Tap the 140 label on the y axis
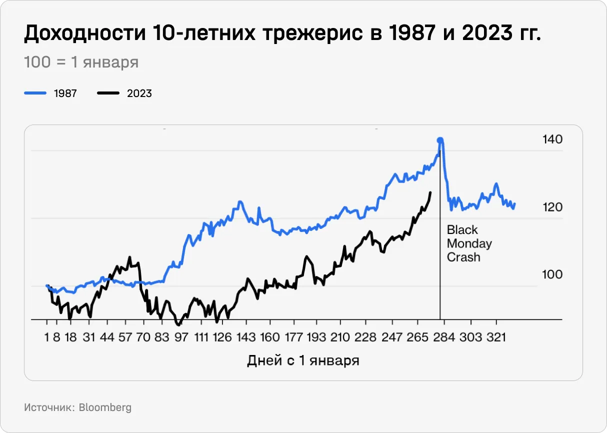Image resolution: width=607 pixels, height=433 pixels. coord(552,139)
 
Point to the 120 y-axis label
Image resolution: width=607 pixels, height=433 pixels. coord(552,207)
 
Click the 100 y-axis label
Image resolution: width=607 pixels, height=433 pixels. coord(552,274)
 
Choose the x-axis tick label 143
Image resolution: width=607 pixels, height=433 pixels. coord(245,337)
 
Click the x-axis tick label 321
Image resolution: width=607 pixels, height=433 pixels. coord(495,337)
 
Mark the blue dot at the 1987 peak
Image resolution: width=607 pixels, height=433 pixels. coord(440,140)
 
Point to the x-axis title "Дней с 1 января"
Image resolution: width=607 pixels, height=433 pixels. coord(303,360)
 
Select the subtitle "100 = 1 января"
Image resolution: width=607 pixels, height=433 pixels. coord(81,62)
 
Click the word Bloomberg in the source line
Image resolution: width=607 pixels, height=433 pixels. coord(105,407)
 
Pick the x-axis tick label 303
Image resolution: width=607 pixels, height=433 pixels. coord(470,337)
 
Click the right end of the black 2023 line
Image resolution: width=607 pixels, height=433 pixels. coord(430,192)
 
